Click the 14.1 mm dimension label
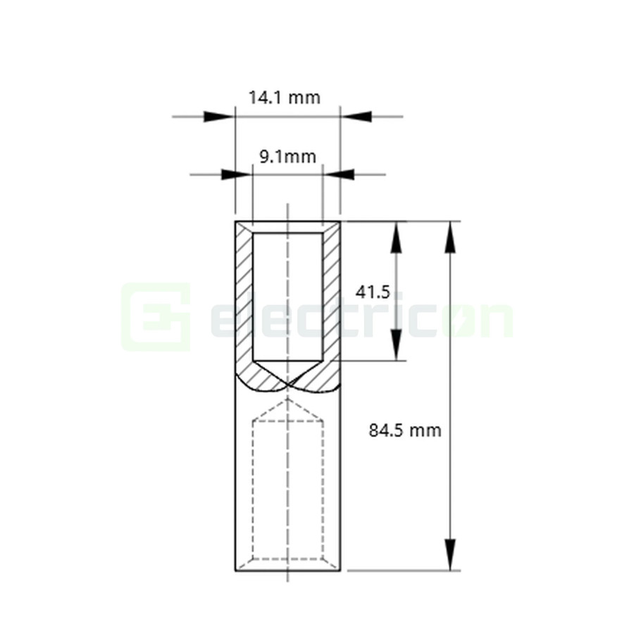pos(284,97)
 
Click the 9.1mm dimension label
pos(287,156)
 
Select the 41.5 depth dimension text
pos(373,292)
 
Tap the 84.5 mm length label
pos(405,430)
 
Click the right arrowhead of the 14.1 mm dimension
pos(356,116)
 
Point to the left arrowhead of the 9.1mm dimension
pos(236,174)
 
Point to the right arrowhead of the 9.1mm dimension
pos(340,174)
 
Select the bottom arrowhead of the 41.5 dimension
pos(397,344)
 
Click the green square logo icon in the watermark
pos(156,317)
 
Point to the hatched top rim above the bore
pos(287,227)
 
